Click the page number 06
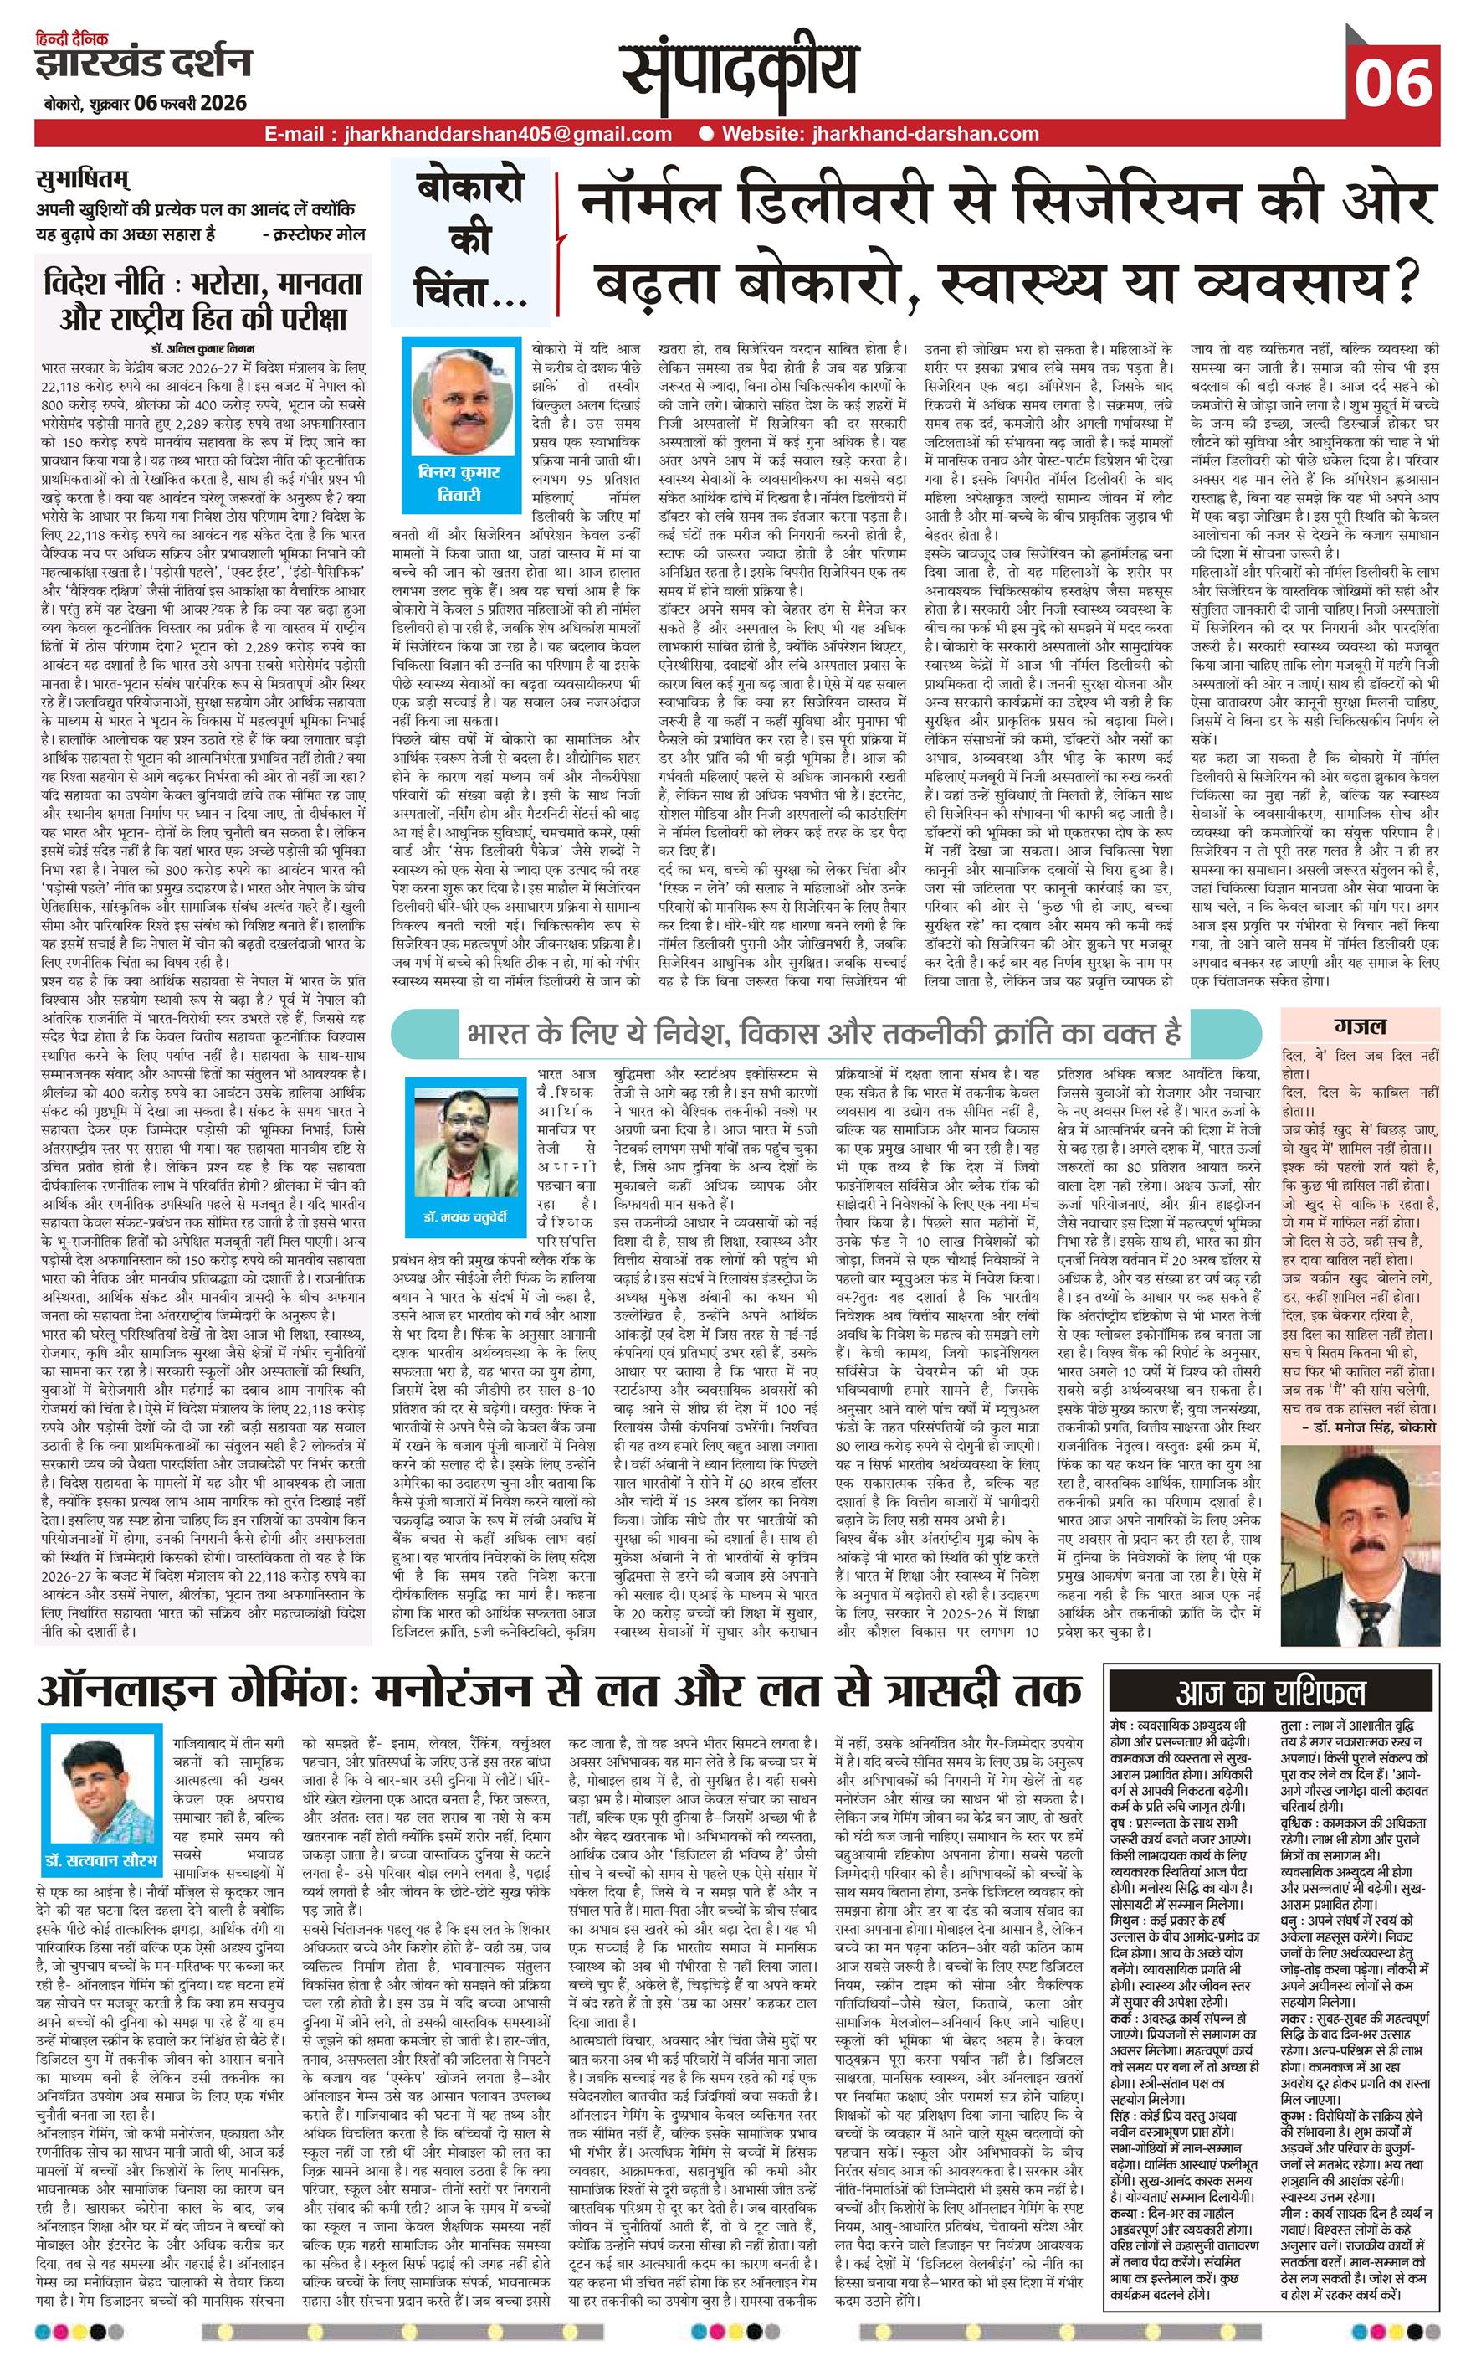click(1392, 82)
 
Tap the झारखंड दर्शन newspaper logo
click(145, 64)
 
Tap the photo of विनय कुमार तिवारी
click(456, 401)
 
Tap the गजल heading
click(1361, 1026)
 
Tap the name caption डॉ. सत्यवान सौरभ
click(100, 1859)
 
